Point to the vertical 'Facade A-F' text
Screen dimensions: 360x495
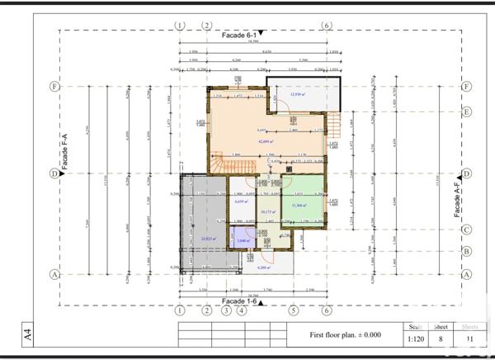pos(456,196)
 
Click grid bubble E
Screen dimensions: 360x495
pos(466,111)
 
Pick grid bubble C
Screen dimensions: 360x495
pos(466,230)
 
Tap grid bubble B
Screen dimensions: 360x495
pos(466,251)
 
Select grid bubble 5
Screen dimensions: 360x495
pos(292,310)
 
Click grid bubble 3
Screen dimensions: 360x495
pos(225,310)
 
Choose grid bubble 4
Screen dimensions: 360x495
pos(241,310)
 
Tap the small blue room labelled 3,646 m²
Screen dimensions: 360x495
pos(241,239)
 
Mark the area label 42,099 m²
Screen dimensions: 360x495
pos(265,142)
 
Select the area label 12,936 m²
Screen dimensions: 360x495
pos(298,95)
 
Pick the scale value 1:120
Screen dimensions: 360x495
pos(415,338)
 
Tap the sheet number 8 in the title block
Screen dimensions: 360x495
pos(441,338)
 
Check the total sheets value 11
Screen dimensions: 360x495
pos(469,338)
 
